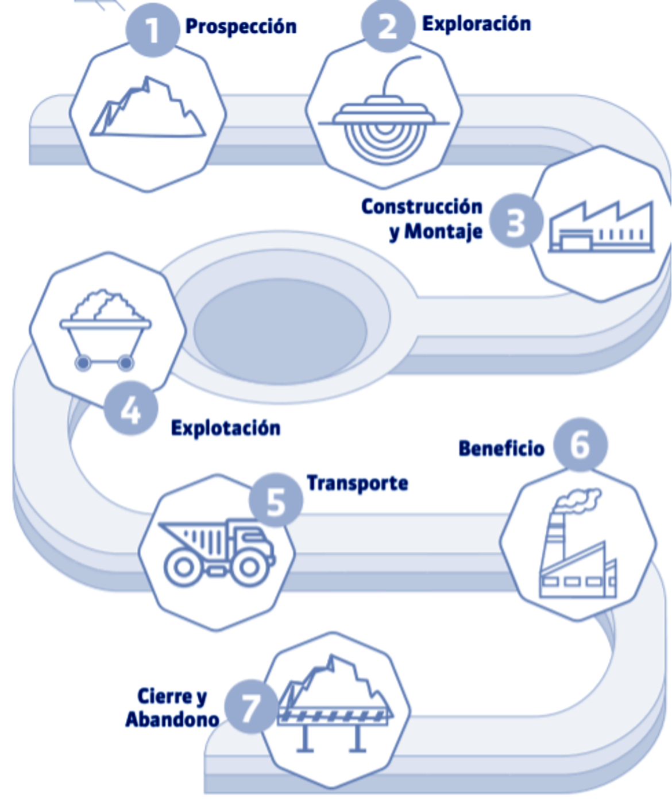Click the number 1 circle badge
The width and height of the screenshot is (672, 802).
[x=152, y=30]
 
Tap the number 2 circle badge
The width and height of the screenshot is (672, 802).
[x=388, y=26]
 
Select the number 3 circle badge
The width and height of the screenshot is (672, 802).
[x=516, y=221]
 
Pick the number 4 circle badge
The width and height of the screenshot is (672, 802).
[x=131, y=409]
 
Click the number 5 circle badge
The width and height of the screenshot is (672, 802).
[x=276, y=501]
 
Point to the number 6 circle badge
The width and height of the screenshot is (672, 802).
[x=580, y=444]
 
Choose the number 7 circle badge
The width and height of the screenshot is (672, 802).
[x=250, y=707]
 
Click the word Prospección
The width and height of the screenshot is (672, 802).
[x=241, y=26]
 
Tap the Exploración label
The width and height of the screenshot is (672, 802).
[x=476, y=24]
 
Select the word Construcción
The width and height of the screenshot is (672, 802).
[x=422, y=207]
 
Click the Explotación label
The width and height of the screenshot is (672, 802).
[x=226, y=428]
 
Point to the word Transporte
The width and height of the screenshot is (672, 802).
[x=357, y=483]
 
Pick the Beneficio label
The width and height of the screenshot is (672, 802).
[x=501, y=448]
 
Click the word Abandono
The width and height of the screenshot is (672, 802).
[x=172, y=719]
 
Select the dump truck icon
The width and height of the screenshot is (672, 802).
[x=217, y=551]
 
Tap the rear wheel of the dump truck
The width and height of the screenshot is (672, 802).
[x=183, y=567]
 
